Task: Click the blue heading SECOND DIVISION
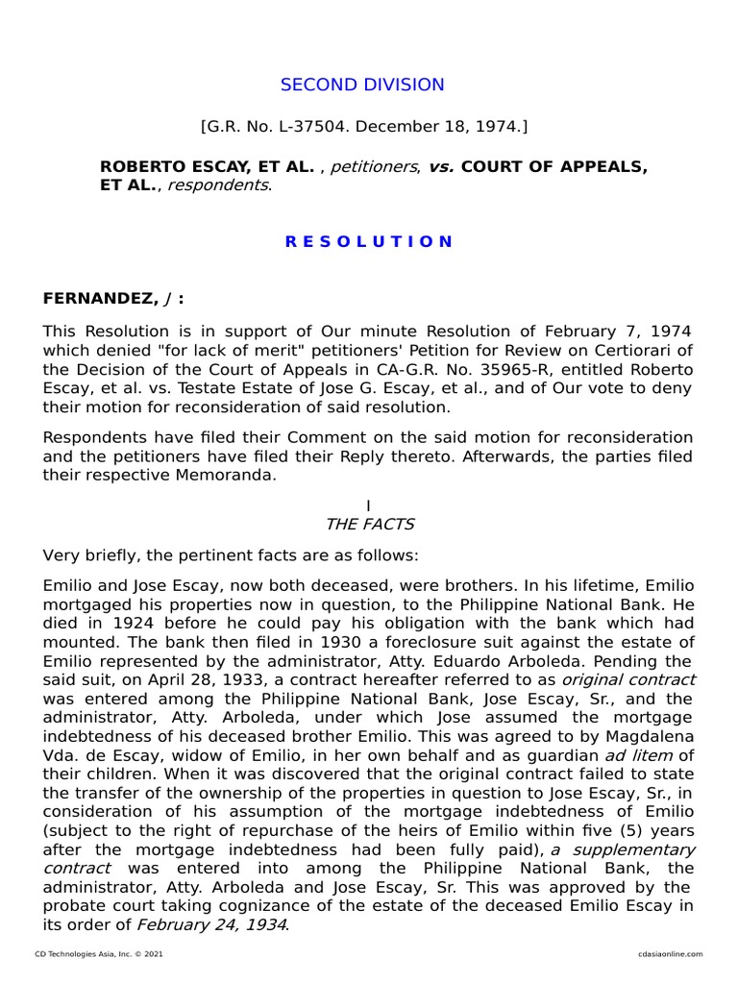[x=362, y=85]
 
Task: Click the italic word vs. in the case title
[x=441, y=167]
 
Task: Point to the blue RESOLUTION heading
[x=368, y=241]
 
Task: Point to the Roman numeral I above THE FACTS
[x=368, y=505]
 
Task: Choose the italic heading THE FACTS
[x=369, y=524]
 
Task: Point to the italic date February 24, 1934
[x=211, y=924]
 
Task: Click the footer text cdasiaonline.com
[x=670, y=954]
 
